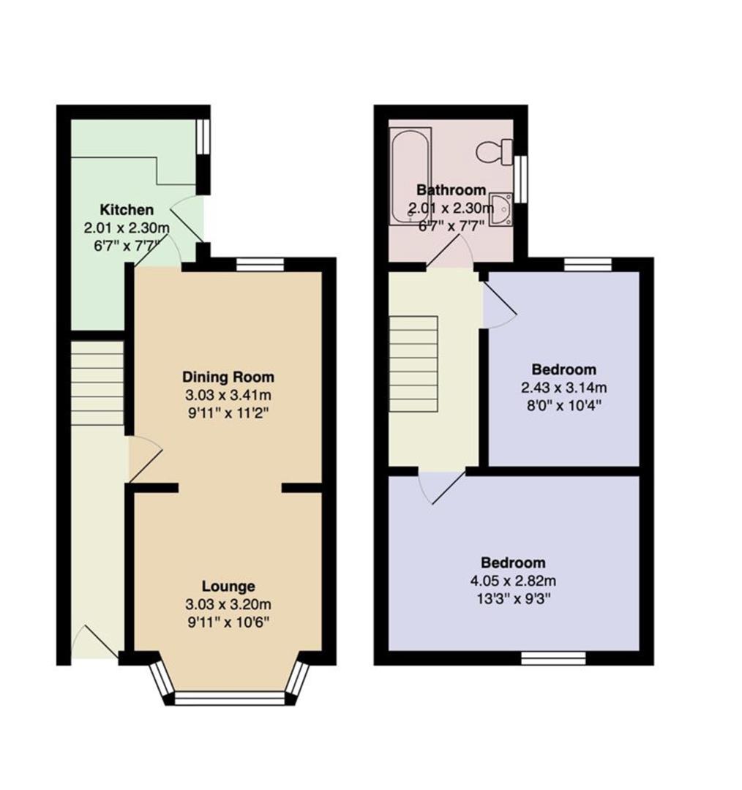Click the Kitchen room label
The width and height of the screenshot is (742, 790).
point(127,210)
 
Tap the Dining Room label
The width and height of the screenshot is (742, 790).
point(228,377)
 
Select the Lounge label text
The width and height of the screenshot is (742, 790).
point(228,587)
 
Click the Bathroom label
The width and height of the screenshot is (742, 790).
point(451,190)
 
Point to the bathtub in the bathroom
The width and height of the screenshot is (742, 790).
point(411,175)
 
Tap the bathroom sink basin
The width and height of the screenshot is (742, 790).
point(502,210)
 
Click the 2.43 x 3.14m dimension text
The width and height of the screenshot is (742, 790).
point(563,388)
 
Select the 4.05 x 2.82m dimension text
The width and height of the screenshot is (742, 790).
point(513,581)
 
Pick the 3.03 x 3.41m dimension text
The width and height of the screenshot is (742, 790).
point(228,395)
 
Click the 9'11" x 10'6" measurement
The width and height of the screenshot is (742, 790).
point(228,622)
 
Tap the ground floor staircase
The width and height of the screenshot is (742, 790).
point(97,383)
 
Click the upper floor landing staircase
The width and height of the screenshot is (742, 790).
point(413,358)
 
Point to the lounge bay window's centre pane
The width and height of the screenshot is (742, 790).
point(229,698)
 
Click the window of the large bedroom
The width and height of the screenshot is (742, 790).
point(553,658)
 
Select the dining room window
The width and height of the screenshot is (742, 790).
point(260,265)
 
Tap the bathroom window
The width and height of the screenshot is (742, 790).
point(521,179)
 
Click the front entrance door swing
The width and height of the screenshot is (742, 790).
point(95,642)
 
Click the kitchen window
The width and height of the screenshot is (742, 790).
point(203,136)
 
